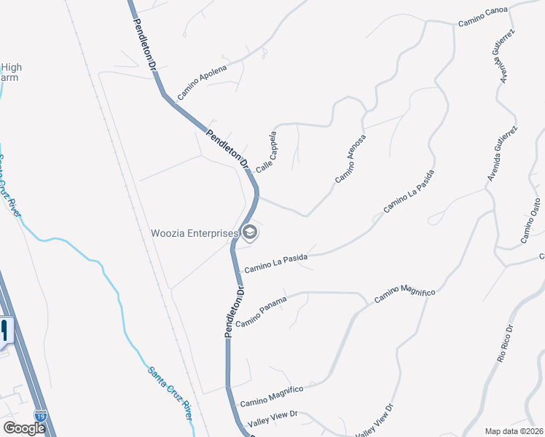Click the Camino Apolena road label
coord(203,79)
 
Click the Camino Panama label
coord(262,312)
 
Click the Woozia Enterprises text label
coord(195,234)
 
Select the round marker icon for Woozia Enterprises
coord(250,233)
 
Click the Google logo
coord(23,428)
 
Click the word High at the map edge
coord(11,68)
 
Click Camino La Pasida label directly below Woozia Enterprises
coord(275,263)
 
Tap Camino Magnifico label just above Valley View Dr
coord(271,396)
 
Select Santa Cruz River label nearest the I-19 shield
coord(170,393)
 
